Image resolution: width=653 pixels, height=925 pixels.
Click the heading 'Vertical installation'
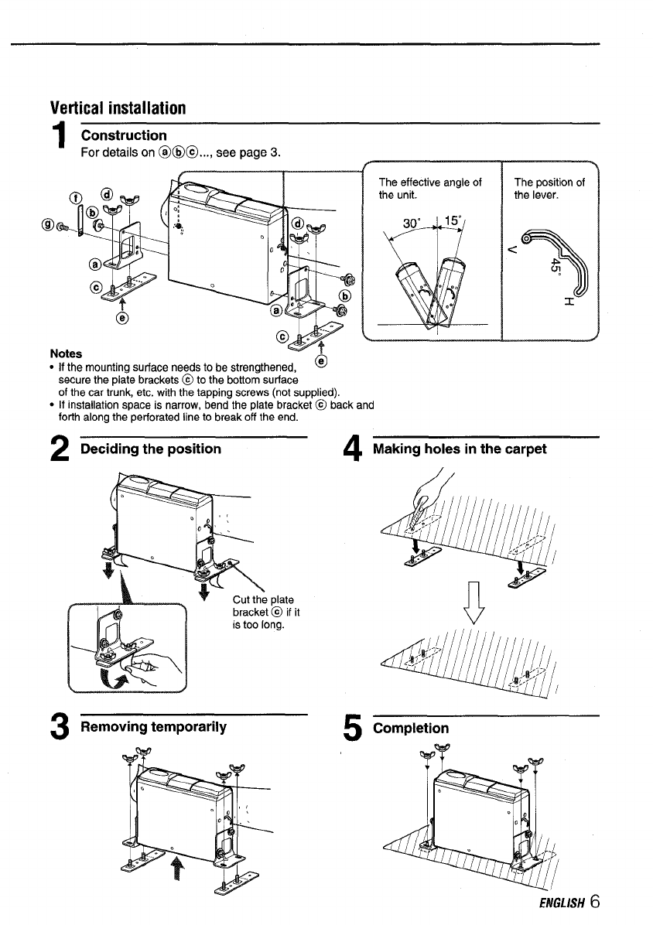[118, 107]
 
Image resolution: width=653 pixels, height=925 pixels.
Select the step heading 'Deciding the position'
[151, 449]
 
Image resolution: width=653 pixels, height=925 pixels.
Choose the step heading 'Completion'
[411, 728]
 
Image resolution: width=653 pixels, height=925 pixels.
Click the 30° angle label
[413, 223]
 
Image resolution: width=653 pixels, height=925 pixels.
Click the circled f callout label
[75, 194]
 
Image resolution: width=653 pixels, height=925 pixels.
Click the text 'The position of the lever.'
[549, 188]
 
